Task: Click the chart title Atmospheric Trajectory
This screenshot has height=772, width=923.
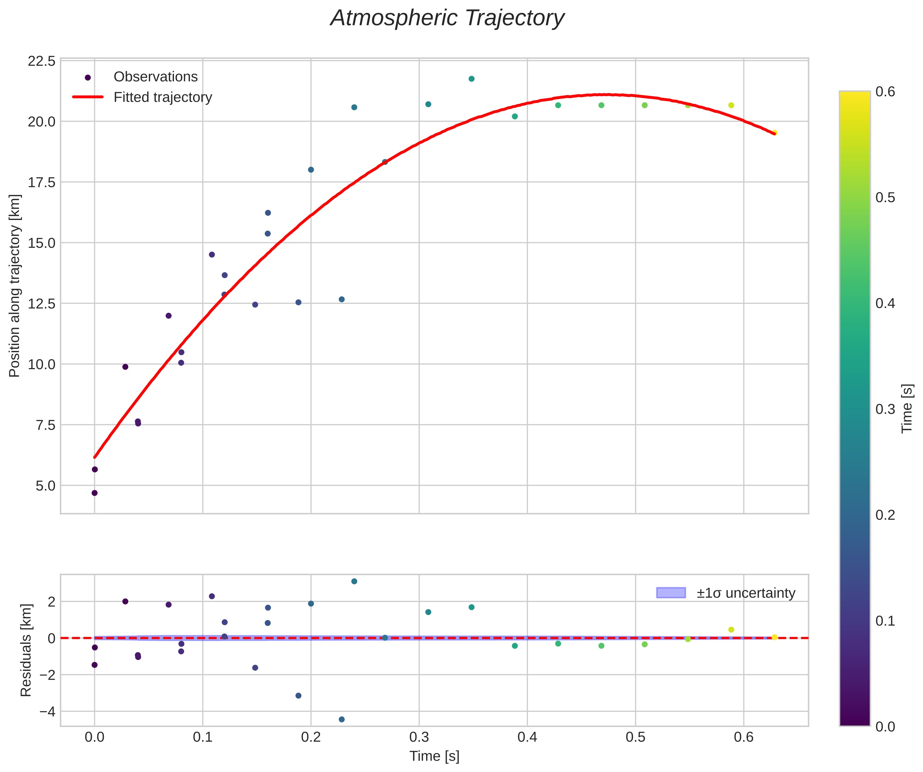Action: pos(447,19)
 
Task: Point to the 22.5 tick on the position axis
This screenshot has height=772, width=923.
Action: pos(42,61)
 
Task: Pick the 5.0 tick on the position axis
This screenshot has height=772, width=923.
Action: pos(45,486)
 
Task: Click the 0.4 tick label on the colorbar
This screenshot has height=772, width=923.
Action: pos(885,303)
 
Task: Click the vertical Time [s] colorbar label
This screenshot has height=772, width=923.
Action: pos(907,409)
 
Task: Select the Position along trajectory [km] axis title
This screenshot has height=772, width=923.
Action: pos(14,286)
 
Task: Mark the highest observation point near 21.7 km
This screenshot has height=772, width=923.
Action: pos(471,79)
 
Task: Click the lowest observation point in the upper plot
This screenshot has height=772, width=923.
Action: pos(95,493)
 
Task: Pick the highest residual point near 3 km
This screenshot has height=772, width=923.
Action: pos(354,581)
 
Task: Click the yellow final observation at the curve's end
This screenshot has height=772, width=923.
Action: pos(774,133)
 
